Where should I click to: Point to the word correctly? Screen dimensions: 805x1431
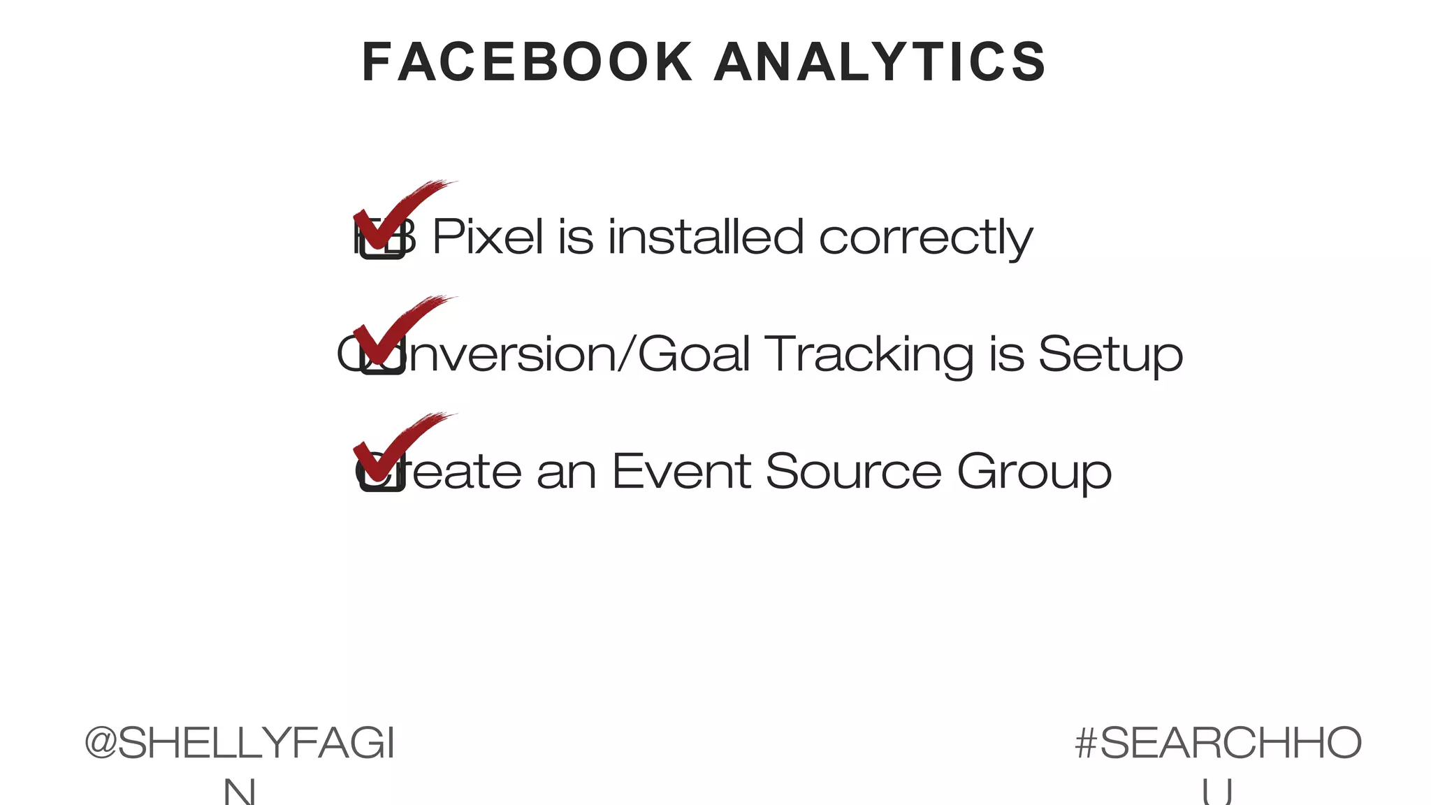(x=925, y=238)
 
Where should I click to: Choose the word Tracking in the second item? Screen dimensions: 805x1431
(x=869, y=355)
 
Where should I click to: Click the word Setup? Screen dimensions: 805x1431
(x=1110, y=355)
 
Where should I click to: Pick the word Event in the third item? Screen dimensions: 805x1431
(x=681, y=471)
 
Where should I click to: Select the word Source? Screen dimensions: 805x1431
(x=853, y=471)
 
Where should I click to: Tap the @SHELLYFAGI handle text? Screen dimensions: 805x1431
(x=240, y=743)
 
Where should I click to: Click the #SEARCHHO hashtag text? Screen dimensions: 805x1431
(x=1218, y=743)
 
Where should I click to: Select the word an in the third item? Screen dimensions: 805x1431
(x=567, y=472)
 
